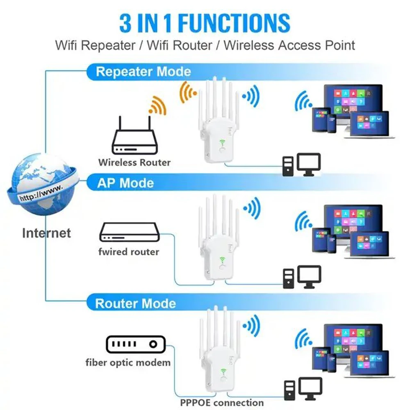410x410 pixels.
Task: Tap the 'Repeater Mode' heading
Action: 143,72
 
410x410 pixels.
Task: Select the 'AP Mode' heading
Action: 125,183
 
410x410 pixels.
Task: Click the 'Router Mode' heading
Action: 135,304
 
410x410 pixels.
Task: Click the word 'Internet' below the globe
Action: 46,233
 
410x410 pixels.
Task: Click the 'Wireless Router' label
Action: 134,162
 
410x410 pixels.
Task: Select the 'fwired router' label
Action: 129,251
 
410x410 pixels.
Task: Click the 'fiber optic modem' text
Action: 128,362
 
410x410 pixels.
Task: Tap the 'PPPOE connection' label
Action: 222,402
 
